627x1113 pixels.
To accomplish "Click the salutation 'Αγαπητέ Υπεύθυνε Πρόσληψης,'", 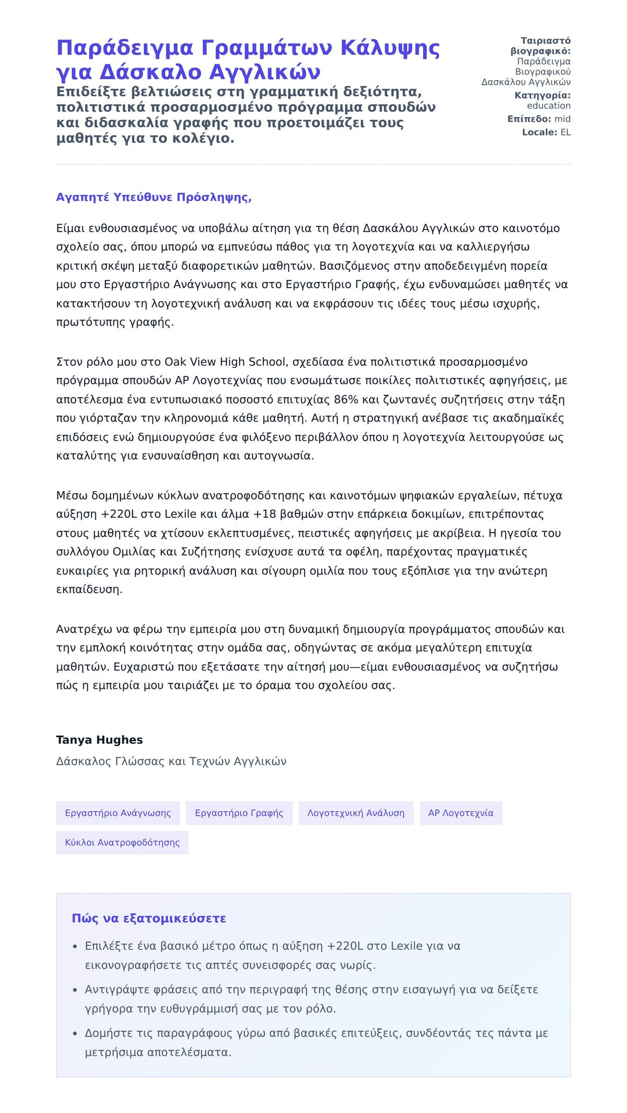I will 154,197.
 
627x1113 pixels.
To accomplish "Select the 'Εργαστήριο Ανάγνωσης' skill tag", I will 118,813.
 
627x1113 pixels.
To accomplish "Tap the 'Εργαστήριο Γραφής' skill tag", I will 239,813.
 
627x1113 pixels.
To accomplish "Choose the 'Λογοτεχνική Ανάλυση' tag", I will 356,813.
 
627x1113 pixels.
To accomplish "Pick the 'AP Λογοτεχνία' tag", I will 460,813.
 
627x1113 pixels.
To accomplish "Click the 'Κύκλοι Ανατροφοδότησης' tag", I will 122,843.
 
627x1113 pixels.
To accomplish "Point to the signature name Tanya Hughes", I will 99,740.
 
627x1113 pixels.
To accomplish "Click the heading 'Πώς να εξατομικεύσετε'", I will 149,918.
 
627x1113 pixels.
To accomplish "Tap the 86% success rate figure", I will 346,400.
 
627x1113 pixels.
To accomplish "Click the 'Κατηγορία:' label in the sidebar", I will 542,95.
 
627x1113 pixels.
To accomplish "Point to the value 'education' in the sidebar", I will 549,106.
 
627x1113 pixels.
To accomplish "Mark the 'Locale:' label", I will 540,132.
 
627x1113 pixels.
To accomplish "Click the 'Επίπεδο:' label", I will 529,119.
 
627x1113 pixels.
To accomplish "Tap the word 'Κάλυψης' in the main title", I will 390,48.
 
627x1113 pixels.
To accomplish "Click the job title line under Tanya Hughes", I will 171,761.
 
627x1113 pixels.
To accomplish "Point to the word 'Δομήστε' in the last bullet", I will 107,1033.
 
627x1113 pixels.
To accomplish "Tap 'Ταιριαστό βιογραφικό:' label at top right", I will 541,46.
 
